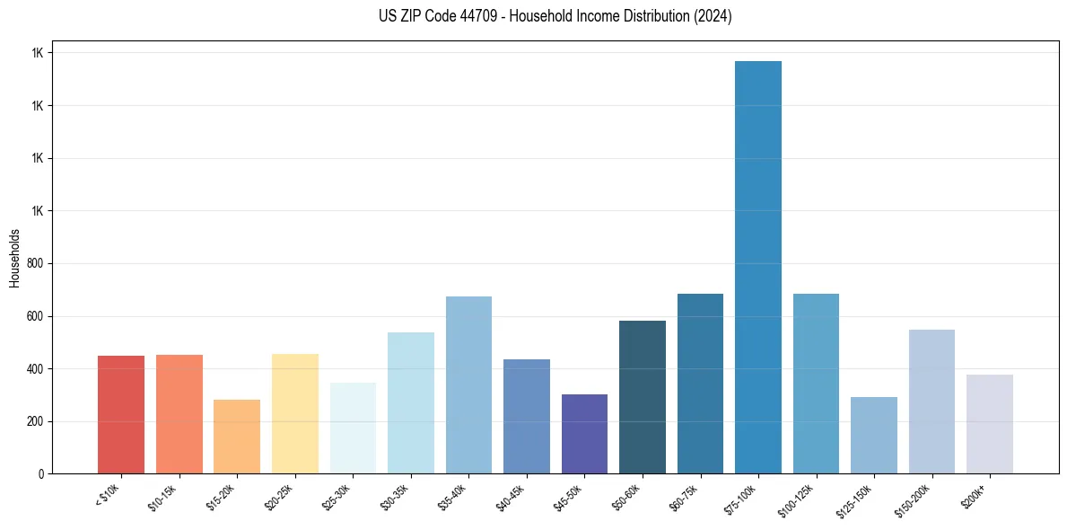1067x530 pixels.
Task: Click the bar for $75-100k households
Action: tap(758, 269)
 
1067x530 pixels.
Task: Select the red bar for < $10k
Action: tap(121, 415)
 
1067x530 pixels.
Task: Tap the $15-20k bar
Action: tap(237, 437)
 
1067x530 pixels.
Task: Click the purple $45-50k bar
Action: tap(584, 435)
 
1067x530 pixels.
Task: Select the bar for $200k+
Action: tap(990, 425)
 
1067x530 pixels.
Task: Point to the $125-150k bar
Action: tap(874, 436)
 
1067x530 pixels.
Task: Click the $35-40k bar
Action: tap(468, 386)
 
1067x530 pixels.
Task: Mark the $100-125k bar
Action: tap(816, 384)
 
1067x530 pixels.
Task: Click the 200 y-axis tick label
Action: tap(37, 421)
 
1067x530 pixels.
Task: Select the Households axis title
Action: tap(14, 257)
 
